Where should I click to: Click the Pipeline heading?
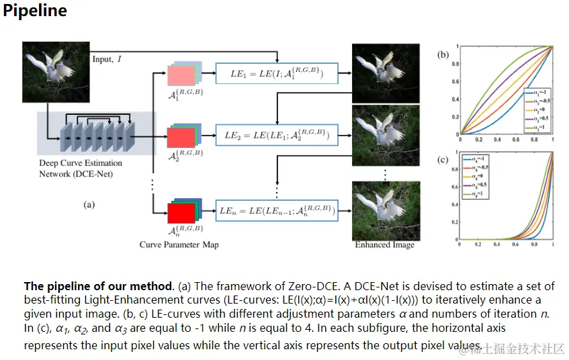coord(35,12)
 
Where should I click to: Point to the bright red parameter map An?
coord(181,213)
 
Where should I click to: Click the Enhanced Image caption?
coord(384,244)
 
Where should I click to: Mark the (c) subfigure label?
coord(443,160)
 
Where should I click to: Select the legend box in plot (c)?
coord(476,176)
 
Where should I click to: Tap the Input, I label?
coord(107,60)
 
